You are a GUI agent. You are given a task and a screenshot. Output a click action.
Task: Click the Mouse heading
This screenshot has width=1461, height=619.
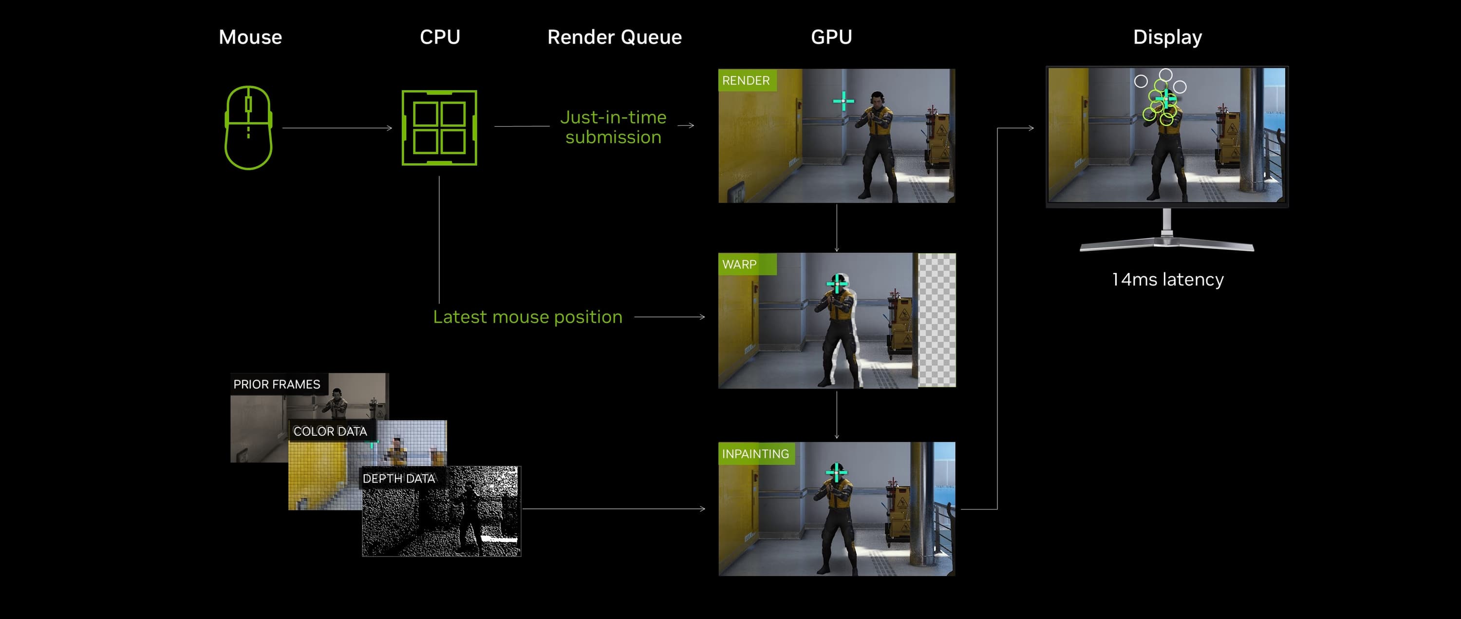[250, 38]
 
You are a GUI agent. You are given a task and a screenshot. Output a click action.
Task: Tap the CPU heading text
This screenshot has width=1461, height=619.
[440, 38]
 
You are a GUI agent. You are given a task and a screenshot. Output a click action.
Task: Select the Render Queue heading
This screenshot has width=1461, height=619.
[614, 38]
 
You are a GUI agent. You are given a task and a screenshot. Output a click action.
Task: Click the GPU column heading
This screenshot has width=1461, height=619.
[831, 38]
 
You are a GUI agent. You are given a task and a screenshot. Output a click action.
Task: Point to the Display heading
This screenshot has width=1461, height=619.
[1167, 38]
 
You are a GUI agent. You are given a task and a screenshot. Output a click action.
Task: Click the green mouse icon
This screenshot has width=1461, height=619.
[248, 128]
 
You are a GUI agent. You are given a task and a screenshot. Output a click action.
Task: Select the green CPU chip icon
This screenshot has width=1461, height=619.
[439, 128]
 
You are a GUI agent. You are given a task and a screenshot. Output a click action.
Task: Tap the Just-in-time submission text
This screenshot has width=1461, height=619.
[613, 127]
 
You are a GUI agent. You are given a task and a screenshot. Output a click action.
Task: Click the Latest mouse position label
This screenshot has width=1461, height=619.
[527, 317]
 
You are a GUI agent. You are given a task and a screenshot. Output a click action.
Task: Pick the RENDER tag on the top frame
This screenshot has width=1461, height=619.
[746, 80]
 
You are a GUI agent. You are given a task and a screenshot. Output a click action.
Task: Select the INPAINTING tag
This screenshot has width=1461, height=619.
[755, 454]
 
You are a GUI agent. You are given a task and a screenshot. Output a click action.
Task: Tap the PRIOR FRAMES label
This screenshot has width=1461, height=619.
[277, 385]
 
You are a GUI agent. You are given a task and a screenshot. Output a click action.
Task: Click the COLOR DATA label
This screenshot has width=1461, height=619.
[330, 432]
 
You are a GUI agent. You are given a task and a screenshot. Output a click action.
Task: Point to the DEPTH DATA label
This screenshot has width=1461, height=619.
[399, 479]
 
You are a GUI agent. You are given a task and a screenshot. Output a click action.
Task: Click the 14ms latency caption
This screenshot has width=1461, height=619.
[1167, 280]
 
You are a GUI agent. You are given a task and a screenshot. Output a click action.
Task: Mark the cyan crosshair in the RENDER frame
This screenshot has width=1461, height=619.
[843, 101]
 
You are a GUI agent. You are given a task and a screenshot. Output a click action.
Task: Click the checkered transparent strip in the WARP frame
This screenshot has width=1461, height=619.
[937, 321]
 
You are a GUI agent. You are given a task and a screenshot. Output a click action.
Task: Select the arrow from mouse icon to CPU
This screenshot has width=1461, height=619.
[337, 128]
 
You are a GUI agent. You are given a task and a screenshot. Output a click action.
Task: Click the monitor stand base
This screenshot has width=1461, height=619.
[1167, 245]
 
